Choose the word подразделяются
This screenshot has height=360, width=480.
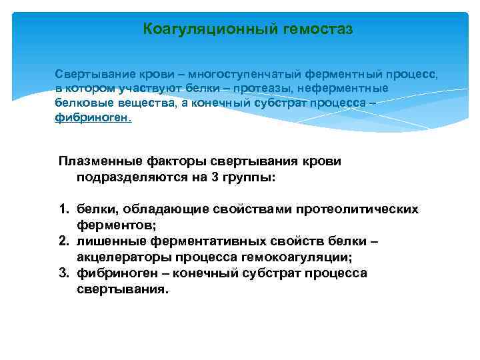point(127,178)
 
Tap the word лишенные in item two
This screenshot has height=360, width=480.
point(106,242)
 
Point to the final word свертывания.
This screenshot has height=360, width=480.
point(123,290)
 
